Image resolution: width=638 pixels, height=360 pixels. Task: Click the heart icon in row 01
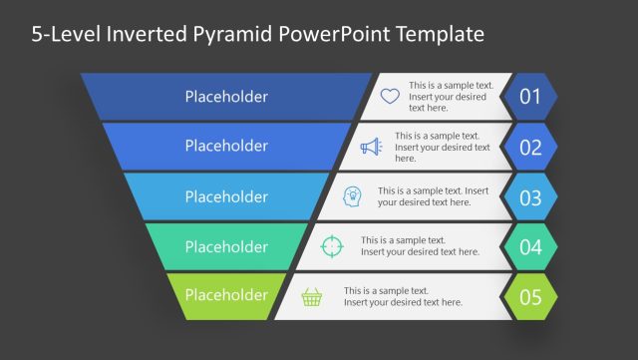390,97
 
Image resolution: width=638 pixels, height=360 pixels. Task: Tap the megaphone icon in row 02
371,147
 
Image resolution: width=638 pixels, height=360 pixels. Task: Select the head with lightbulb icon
352,195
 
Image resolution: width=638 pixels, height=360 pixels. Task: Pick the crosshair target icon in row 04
332,246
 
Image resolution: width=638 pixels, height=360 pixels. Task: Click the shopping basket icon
312,296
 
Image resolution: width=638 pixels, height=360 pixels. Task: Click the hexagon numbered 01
530,97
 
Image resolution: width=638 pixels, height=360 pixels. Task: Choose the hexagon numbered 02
530,147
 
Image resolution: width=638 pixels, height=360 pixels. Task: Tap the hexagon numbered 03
530,196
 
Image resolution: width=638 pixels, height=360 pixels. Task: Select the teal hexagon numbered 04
530,246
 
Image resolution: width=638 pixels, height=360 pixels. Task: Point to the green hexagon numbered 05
530,296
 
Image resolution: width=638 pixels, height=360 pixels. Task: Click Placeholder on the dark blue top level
226,97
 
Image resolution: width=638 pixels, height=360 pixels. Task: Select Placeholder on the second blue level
226,146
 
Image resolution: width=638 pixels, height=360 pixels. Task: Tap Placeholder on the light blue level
226,195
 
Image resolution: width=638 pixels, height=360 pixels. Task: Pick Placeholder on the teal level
226,246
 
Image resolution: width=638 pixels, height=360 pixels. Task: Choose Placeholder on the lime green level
226,295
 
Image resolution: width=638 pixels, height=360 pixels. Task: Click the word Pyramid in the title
234,35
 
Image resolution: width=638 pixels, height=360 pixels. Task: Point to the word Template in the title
435,34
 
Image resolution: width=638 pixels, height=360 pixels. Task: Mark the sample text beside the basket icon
403,296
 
